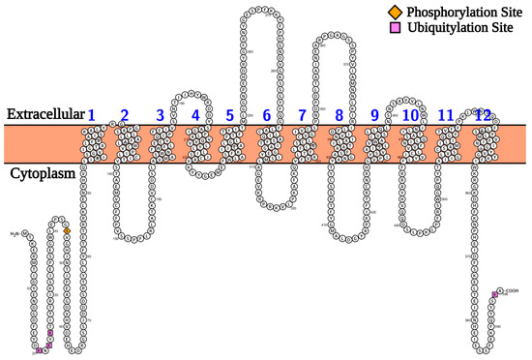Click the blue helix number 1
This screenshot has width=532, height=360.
point(92,116)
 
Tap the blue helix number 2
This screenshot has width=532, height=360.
point(124,116)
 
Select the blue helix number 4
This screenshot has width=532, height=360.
point(196,116)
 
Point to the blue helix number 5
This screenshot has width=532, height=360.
point(229,116)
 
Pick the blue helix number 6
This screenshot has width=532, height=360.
point(266,116)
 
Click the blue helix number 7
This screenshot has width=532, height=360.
point(302,116)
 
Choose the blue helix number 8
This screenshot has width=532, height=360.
point(339,116)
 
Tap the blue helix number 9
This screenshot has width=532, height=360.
point(374,116)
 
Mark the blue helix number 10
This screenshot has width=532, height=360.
point(410,116)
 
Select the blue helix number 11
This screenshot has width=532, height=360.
point(446,116)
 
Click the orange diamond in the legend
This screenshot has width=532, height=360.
point(395,11)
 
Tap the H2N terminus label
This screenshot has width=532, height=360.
point(15,234)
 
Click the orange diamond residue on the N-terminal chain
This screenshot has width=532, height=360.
point(67,231)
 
